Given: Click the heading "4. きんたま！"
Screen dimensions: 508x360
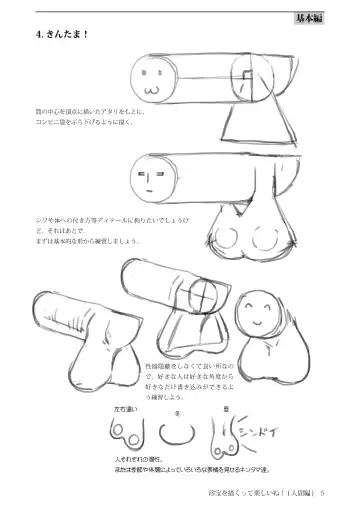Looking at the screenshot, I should click(x=62, y=32).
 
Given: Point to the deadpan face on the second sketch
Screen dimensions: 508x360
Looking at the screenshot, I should click(x=153, y=181).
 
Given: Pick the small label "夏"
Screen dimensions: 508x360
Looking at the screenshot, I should click(x=227, y=408).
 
